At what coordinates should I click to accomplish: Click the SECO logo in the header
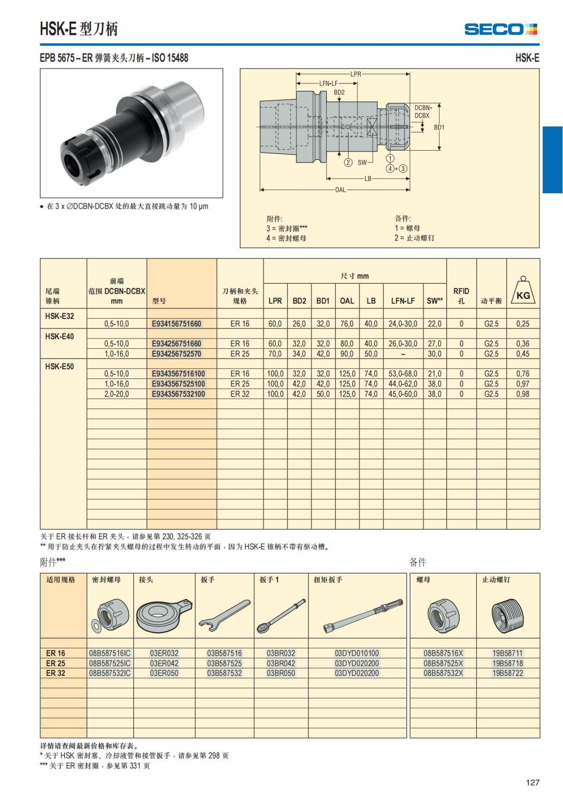(x=501, y=29)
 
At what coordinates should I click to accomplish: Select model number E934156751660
(x=176, y=324)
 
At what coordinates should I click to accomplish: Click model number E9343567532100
(x=178, y=394)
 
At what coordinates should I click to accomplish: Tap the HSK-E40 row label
(x=60, y=336)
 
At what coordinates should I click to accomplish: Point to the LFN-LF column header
(x=403, y=301)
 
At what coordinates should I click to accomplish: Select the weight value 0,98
(x=522, y=394)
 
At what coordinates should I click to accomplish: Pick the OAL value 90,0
(x=347, y=354)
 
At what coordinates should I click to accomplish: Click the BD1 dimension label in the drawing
(x=439, y=127)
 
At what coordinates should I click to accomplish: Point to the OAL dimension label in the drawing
(x=340, y=190)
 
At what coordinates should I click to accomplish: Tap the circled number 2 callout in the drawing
(x=348, y=162)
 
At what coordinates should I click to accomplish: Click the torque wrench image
(x=363, y=615)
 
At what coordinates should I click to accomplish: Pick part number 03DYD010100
(x=357, y=653)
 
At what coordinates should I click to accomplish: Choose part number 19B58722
(x=507, y=673)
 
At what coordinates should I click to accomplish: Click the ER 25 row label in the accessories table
(x=56, y=663)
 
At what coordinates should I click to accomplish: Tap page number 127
(x=533, y=782)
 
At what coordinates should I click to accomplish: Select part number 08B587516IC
(x=110, y=653)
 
